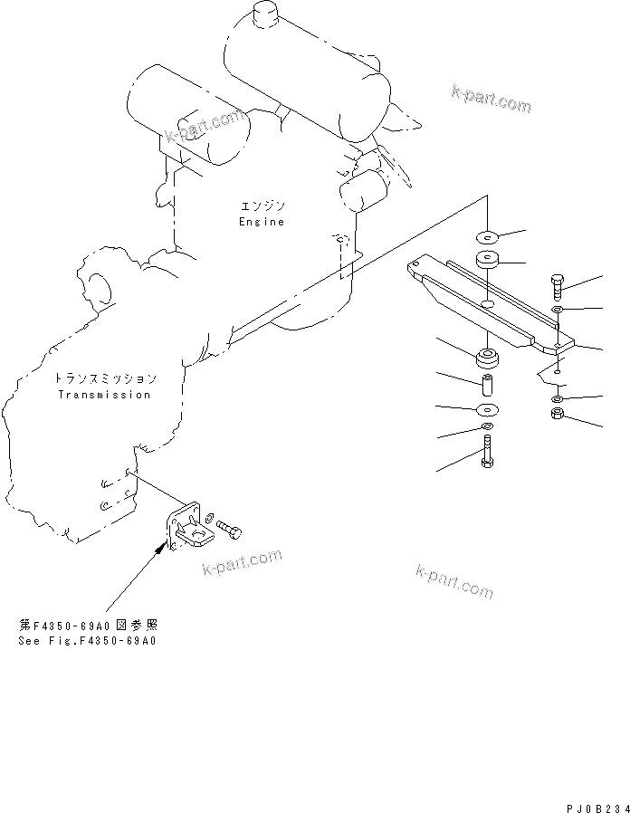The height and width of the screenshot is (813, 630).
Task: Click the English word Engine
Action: pos(262,222)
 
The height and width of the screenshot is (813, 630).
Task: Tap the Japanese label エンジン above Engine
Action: pos(262,206)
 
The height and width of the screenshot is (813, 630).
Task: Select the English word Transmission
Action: pos(104,395)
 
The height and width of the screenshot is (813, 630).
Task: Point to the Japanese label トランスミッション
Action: pos(105,378)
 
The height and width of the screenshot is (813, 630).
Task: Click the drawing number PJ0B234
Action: pos(597,808)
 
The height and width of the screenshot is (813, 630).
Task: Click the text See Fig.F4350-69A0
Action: pos(87,641)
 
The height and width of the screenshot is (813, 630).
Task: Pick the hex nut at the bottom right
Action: pos(558,413)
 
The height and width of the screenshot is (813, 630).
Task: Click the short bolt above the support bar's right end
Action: pos(556,287)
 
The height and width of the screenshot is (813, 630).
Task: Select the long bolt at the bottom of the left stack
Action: pos(487,452)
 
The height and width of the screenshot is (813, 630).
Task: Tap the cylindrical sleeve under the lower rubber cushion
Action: pos(487,385)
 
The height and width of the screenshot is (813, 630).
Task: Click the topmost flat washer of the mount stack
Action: pos(487,237)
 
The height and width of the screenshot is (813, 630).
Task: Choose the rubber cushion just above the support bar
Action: pos(487,260)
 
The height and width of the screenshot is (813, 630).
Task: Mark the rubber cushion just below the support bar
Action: pos(487,359)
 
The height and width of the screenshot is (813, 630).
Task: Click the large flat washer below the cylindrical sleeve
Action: pos(487,409)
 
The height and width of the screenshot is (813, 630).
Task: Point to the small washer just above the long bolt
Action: pos(487,426)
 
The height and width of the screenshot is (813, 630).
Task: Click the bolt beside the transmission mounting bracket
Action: pos(230,530)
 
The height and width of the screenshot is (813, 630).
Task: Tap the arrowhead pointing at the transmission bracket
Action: pos(162,547)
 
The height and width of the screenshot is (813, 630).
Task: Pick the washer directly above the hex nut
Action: pos(557,398)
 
